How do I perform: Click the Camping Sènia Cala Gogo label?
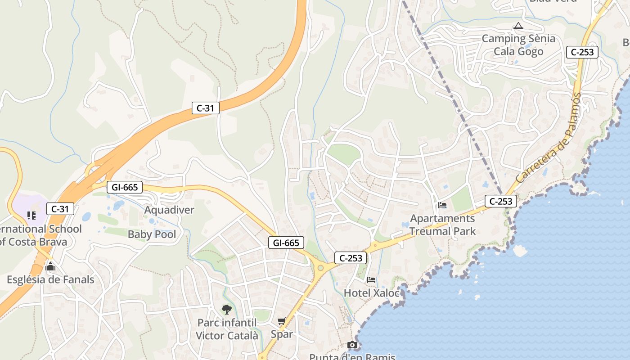point(518,45)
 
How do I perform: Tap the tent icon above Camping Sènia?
point(518,26)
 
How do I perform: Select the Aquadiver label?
point(169,210)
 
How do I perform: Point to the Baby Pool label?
point(152,234)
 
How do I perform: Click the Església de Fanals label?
point(50,279)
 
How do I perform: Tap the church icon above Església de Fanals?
point(50,266)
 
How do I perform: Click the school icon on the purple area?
point(31,216)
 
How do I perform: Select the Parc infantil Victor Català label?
point(227,329)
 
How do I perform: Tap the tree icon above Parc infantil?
point(227,309)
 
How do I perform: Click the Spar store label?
point(282,334)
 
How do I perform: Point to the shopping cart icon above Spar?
point(282,321)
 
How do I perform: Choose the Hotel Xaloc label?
point(371,293)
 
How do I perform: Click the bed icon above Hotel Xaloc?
point(371,280)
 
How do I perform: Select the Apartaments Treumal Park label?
point(442,225)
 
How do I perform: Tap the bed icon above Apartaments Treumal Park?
point(442,206)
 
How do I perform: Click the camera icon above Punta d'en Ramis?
point(352,345)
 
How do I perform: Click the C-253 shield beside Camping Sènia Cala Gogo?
point(582,52)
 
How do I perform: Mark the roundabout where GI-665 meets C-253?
point(320,268)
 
